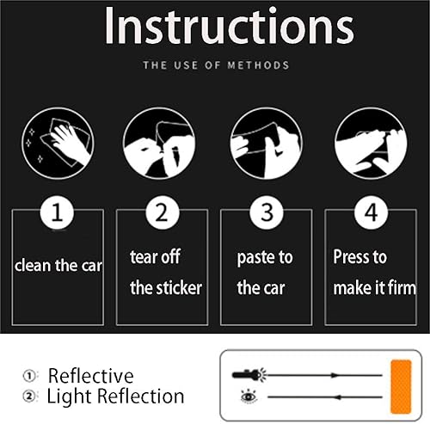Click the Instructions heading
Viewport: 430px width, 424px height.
click(x=230, y=26)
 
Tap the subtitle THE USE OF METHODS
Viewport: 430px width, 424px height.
click(x=216, y=65)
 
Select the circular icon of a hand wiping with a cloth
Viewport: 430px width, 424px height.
click(x=58, y=144)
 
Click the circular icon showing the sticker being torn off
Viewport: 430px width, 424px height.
click(x=159, y=144)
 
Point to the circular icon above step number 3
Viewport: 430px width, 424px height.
click(x=266, y=144)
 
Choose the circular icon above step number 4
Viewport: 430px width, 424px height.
click(x=371, y=144)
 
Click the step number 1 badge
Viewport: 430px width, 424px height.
click(x=57, y=212)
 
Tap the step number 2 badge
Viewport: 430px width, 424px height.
click(x=163, y=212)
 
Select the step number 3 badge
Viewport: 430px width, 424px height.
click(x=267, y=212)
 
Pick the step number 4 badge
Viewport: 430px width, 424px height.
click(x=371, y=212)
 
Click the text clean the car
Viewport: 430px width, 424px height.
click(x=58, y=266)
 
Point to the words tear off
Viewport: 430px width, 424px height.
click(x=155, y=256)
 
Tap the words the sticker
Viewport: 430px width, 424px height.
click(x=166, y=287)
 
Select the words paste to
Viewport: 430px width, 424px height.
click(x=265, y=257)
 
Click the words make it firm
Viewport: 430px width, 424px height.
click(x=374, y=287)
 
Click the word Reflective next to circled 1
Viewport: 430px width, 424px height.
click(x=90, y=376)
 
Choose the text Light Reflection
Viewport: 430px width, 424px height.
click(x=115, y=396)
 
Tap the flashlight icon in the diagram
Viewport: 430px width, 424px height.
click(x=249, y=375)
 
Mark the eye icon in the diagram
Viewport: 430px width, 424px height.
click(x=249, y=396)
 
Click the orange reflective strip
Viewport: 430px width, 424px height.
click(x=401, y=387)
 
